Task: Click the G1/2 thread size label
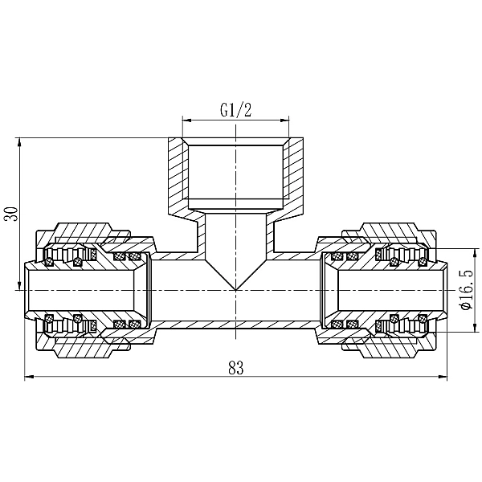pyautogui.click(x=235, y=112)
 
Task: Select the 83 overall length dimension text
pyautogui.click(x=235, y=368)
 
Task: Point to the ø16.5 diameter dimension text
pyautogui.click(x=464, y=289)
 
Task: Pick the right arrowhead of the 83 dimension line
pyautogui.click(x=443, y=378)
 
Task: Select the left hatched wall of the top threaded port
pyautogui.click(x=176, y=177)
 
